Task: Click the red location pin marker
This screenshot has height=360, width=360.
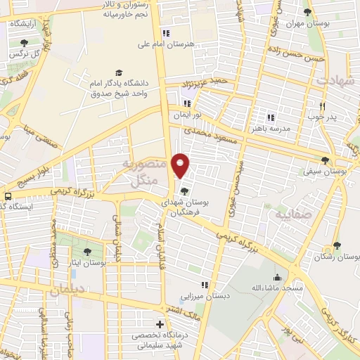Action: (181, 165)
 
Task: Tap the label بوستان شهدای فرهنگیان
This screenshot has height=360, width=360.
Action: (184, 206)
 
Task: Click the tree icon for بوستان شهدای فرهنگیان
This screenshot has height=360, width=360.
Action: (184, 191)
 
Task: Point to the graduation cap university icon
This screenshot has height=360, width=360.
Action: (118, 73)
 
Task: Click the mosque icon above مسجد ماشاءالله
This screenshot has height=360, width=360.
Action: (278, 277)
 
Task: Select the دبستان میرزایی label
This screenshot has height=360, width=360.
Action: (205, 297)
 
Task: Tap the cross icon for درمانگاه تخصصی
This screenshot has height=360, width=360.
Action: (160, 324)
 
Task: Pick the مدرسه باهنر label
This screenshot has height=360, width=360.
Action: (266, 129)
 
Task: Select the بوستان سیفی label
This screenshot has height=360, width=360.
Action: (325, 170)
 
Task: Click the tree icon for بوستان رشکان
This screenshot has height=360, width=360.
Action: (337, 245)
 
